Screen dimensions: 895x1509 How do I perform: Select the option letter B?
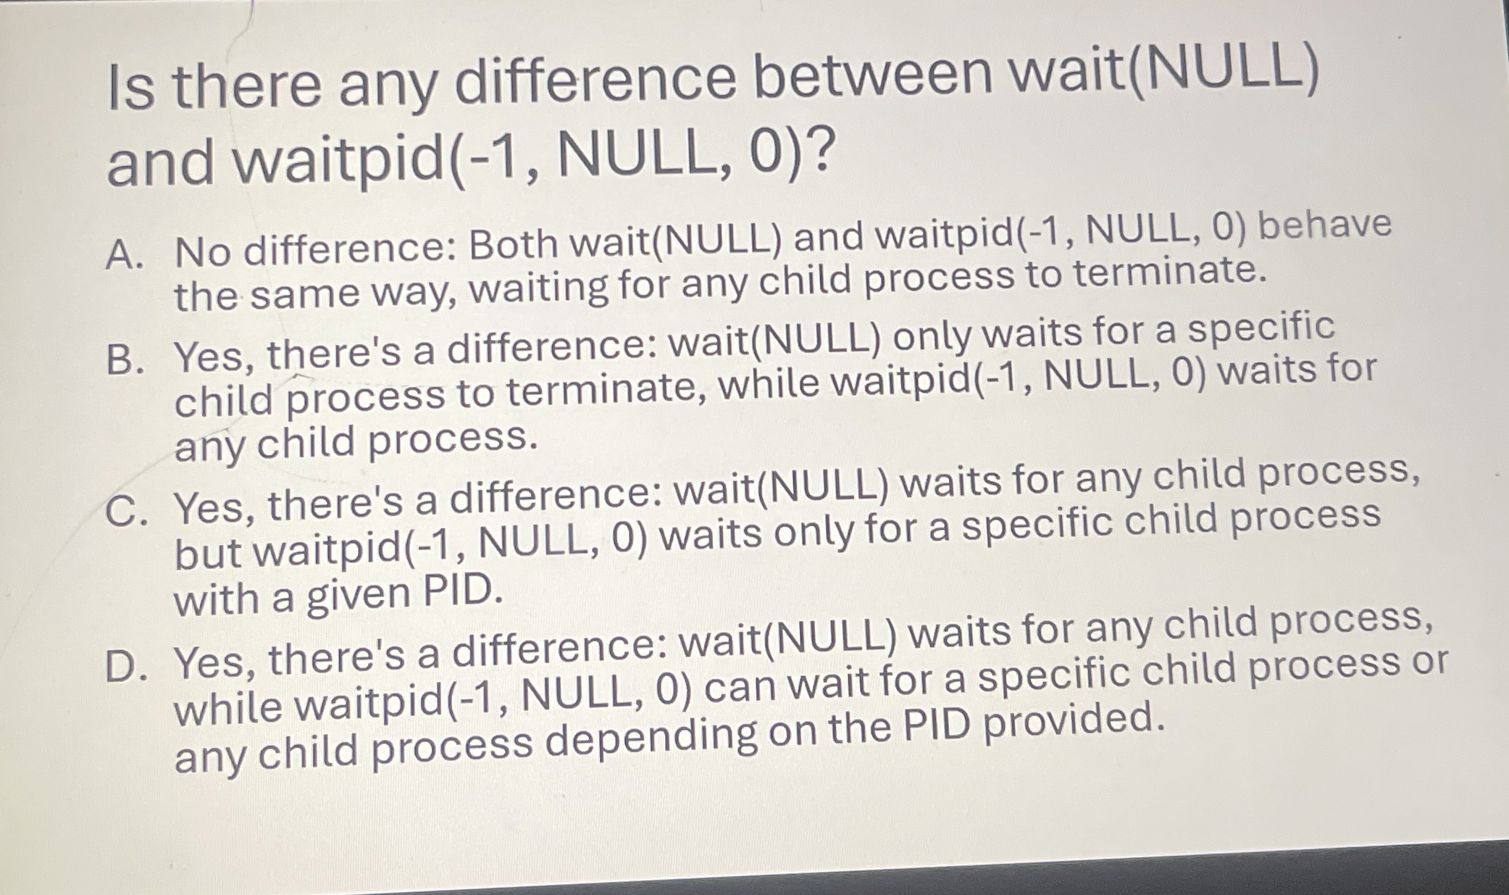pos(123,360)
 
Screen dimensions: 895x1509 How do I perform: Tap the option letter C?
pos(123,511)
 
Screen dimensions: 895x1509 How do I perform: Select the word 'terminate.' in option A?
pos(1171,272)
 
